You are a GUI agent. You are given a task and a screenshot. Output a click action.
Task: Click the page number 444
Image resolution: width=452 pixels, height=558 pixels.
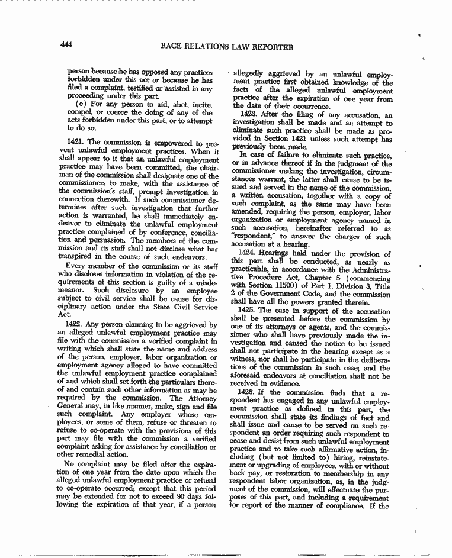67,46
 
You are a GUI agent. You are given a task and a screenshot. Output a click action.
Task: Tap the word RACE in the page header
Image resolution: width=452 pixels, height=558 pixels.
172,46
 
